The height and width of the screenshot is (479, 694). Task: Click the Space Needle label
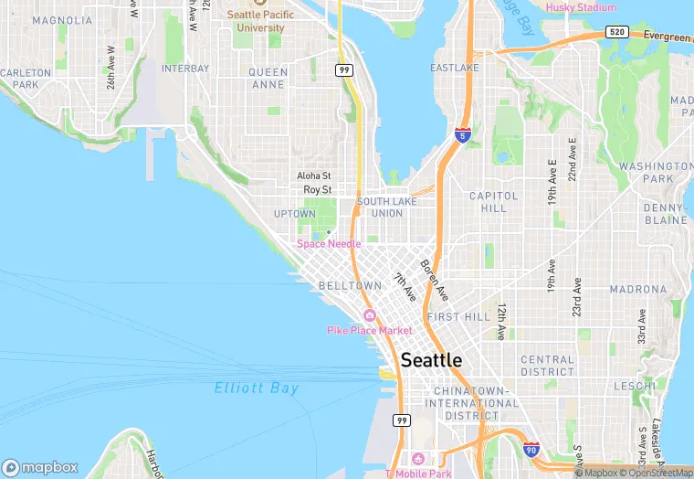pos(329,244)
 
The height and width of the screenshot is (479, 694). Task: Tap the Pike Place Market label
pos(370,330)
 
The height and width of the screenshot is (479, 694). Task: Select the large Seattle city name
pos(432,360)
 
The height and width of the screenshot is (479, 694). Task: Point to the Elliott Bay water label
pos(257,389)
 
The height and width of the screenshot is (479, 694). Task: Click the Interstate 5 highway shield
pos(463,135)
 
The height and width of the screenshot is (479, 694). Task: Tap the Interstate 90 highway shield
pos(531,449)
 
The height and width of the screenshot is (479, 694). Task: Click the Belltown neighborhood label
pos(351,286)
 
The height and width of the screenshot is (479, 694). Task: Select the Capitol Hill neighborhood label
pos(494,202)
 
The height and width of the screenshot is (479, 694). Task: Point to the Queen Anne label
pos(268,79)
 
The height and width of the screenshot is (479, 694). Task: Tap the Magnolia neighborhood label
pos(62,19)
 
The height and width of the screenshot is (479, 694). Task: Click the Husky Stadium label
pos(580,7)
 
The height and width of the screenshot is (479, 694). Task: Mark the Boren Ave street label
pos(435,282)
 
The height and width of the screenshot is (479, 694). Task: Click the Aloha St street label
pos(313,176)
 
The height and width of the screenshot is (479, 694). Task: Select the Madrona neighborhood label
pos(638,289)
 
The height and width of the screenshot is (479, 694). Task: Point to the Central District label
pos(547,366)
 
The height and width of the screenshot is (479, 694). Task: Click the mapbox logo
pos(40,466)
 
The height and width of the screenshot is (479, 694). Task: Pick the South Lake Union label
pos(380,208)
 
